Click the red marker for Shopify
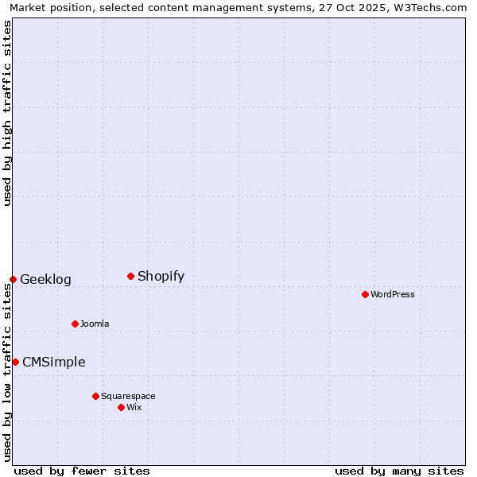[130, 276]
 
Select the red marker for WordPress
[365, 294]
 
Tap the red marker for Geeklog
[13, 279]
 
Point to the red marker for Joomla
[75, 324]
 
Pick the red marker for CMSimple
[15, 362]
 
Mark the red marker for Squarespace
[95, 396]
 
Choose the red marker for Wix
[121, 407]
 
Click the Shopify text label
[161, 276]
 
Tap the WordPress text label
[392, 294]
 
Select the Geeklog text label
[45, 279]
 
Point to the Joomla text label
[95, 324]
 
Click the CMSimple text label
[53, 362]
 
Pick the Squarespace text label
[128, 396]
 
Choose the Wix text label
[134, 407]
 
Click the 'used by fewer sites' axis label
[82, 471]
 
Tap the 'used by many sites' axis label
[399, 471]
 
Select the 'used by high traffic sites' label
[7, 113]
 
